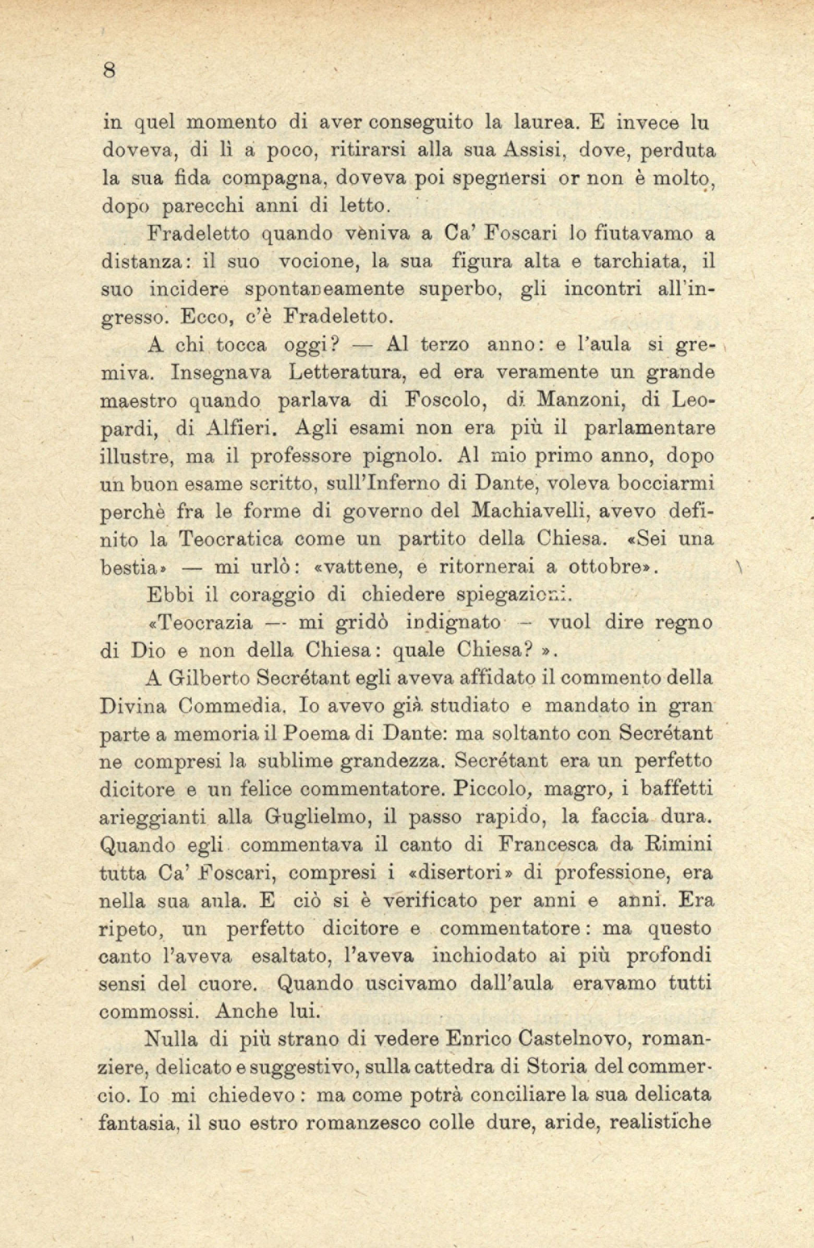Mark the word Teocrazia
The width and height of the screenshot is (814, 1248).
pyautogui.click(x=202, y=623)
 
